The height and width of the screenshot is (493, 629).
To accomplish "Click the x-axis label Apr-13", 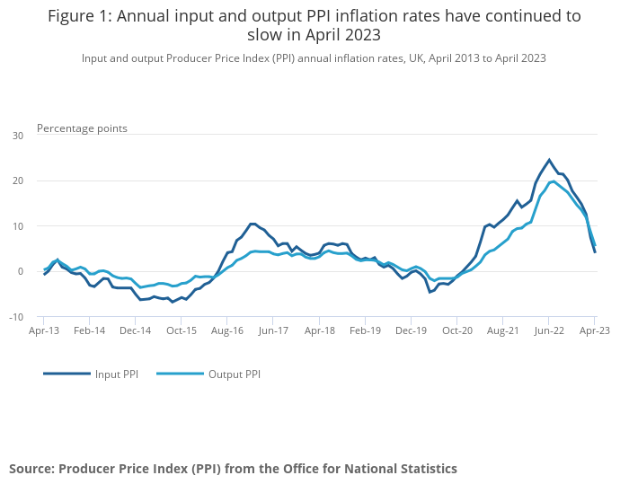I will click(43, 330).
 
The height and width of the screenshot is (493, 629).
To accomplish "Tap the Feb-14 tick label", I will click(89, 330).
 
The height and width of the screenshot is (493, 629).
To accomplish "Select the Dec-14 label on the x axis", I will click(135, 330).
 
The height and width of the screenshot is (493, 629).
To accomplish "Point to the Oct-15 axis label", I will click(181, 330).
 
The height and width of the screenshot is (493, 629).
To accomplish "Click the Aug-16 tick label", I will click(227, 330).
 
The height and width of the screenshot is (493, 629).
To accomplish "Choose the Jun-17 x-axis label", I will click(273, 330).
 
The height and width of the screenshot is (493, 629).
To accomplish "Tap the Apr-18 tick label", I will click(319, 330).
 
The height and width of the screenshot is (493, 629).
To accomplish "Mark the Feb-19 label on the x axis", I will click(365, 330).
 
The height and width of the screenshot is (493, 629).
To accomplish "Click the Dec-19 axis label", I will click(411, 330).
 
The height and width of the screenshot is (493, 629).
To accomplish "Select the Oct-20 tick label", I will click(456, 330).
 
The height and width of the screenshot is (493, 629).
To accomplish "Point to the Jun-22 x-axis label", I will click(548, 330).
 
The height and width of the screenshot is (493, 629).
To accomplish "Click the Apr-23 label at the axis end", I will click(594, 330).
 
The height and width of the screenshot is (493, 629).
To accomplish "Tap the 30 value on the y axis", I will click(18, 136).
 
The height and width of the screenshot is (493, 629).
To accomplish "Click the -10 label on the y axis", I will click(16, 317).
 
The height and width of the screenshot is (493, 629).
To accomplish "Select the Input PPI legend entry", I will click(115, 374).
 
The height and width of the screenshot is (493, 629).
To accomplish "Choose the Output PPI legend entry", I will click(234, 374).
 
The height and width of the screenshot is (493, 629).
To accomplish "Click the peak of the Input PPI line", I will click(549, 160).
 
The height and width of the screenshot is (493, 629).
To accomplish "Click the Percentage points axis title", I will click(82, 128).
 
